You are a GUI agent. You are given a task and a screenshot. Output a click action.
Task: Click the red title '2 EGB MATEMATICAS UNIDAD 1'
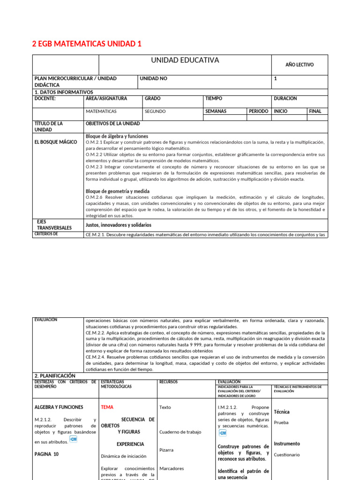coord(86,44)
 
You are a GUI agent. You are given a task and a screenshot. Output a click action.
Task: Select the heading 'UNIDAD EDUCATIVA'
coord(185,60)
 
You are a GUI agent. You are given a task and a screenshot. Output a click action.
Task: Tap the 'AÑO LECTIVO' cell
coord(300,65)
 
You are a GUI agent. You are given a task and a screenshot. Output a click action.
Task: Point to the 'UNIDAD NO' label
coord(153,79)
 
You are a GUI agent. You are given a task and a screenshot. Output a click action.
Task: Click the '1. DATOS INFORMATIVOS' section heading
coord(64,92)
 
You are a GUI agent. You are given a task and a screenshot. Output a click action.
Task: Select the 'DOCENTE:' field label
coord(45,99)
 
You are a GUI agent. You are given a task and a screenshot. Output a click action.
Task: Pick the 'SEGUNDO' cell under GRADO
coord(155,112)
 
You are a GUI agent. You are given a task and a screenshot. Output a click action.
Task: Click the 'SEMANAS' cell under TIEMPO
coord(216,112)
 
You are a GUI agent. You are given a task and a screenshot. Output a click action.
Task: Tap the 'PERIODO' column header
coord(259,112)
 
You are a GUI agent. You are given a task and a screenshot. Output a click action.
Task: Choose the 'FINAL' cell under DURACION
coord(315,112)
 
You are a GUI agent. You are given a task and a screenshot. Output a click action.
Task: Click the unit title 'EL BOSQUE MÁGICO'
coord(56,142)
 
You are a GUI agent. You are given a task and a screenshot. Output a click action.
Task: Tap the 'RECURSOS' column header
coord(168,382)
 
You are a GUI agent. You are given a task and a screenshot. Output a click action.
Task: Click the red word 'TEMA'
coord(107,407)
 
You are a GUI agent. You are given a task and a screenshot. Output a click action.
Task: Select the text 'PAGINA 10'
coord(46,454)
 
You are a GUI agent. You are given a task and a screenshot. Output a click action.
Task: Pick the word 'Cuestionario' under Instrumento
coord(287,455)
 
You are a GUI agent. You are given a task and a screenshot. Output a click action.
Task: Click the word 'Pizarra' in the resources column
coord(166,450)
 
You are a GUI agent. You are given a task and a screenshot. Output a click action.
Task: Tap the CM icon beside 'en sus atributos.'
coord(73,439)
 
